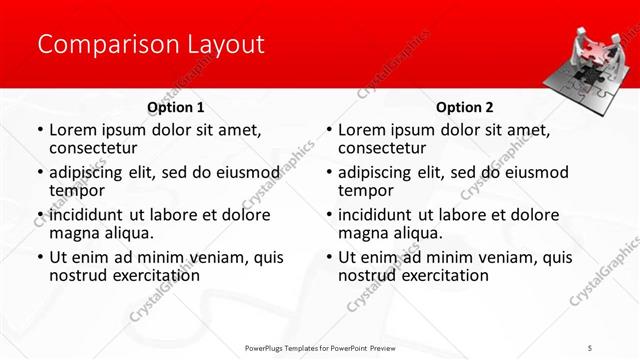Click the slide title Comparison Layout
(x=150, y=45)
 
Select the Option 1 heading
(x=175, y=107)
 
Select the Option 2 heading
(x=463, y=107)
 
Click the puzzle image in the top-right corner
(x=591, y=69)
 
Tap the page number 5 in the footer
(x=590, y=347)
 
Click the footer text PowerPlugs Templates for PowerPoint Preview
(x=321, y=347)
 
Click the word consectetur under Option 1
(x=96, y=148)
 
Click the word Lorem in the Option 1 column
(x=73, y=130)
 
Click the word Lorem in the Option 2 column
(x=361, y=130)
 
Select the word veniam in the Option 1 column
(x=206, y=257)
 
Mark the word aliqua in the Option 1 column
(x=129, y=233)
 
